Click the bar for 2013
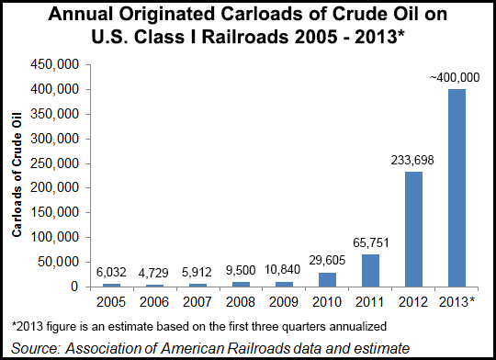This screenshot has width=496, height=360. pyautogui.click(x=456, y=187)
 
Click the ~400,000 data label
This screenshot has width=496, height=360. pyautogui.click(x=456, y=79)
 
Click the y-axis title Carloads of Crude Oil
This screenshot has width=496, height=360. pyautogui.click(x=17, y=176)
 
